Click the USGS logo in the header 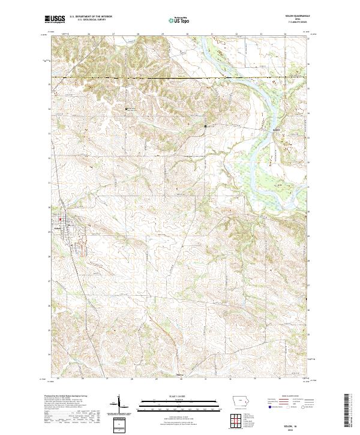(55, 20)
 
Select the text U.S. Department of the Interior (90, 16)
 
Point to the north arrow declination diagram (119, 404)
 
